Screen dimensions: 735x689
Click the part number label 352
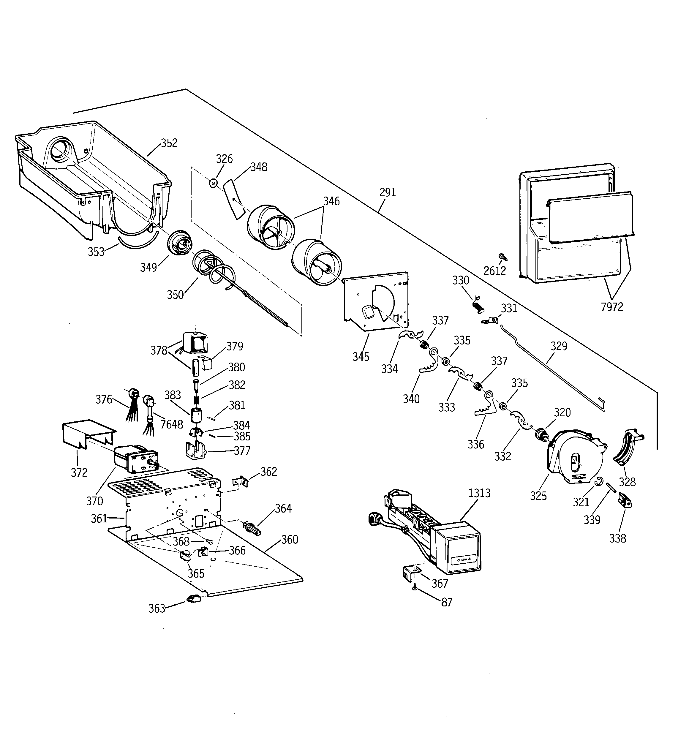click(169, 143)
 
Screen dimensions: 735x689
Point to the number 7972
click(612, 307)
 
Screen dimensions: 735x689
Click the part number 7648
click(172, 424)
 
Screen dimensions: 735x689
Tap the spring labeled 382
click(197, 400)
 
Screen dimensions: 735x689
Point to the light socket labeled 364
click(252, 528)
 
